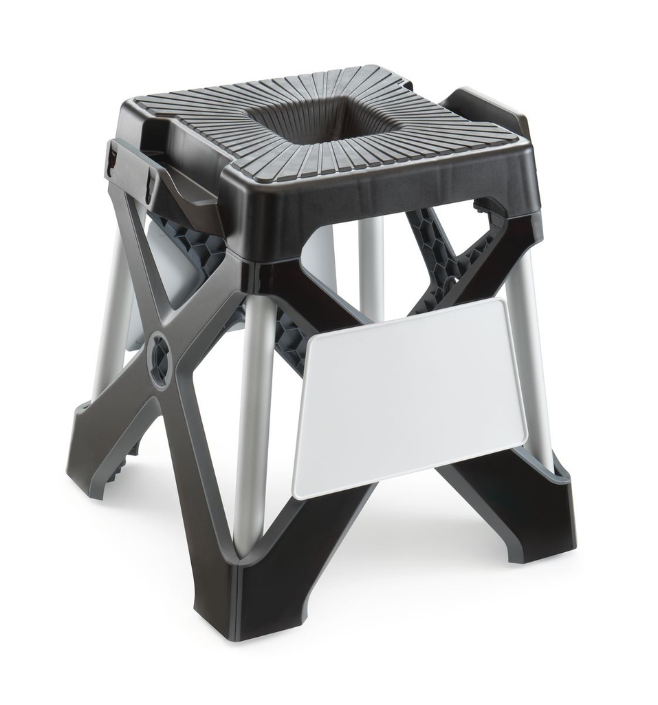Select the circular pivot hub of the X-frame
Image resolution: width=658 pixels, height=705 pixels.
click(160, 356)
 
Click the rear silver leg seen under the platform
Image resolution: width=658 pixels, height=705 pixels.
click(371, 269)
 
